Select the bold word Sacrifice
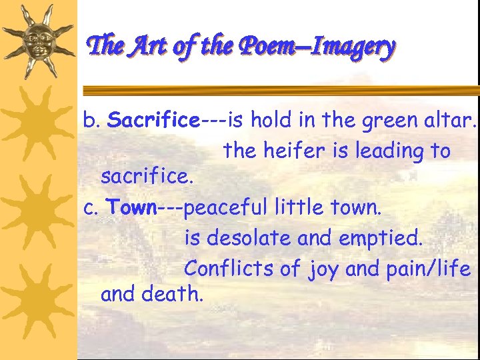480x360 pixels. (x=153, y=121)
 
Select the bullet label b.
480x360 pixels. (x=91, y=121)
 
